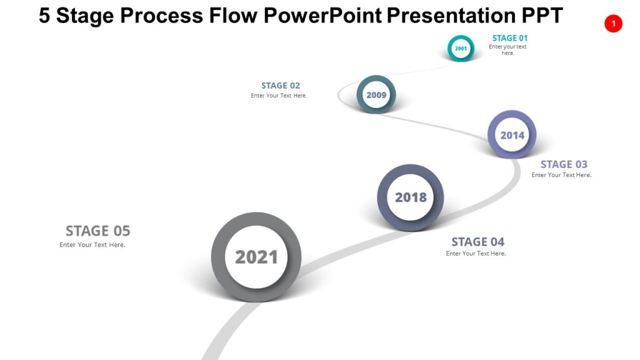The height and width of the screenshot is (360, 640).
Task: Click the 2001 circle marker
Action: (x=461, y=48)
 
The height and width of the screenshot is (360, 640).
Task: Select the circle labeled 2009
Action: (x=376, y=94)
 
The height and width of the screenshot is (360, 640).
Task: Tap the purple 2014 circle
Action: (x=512, y=134)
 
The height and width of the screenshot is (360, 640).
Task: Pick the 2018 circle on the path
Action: (x=411, y=197)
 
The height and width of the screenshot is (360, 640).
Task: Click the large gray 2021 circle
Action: (x=256, y=257)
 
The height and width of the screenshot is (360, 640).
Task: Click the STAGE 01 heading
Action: (x=509, y=38)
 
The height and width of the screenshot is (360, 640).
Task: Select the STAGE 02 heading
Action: (x=281, y=86)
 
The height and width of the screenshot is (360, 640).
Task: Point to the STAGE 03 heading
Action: (x=564, y=164)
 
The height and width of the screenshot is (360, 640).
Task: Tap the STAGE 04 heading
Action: (x=477, y=242)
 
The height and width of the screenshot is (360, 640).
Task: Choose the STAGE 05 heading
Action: (x=97, y=231)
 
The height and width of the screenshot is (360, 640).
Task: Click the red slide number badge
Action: (x=613, y=24)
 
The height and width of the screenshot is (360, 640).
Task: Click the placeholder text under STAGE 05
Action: (x=92, y=245)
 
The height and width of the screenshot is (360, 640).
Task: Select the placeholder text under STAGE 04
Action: (x=476, y=254)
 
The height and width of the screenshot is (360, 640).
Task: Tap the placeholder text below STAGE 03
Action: (x=561, y=176)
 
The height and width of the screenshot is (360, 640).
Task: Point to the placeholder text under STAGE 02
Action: (x=279, y=96)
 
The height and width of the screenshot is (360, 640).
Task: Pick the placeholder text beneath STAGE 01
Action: (x=507, y=50)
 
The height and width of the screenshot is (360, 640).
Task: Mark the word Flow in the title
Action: (x=233, y=15)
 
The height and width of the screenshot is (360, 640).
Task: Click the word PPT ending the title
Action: (x=541, y=15)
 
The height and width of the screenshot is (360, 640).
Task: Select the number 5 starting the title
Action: (x=44, y=15)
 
